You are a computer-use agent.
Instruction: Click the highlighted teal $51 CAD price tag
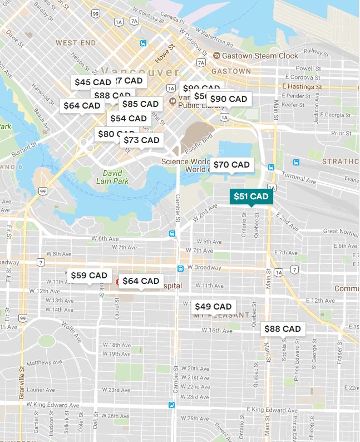pos(251,197)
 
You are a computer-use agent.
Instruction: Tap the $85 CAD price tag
pos(140,104)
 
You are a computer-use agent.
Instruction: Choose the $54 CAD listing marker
pos(129,119)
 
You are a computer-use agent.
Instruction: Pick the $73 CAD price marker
pos(141,140)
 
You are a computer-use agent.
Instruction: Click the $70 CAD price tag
pos(231,165)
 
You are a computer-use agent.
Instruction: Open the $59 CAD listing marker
pos(89,275)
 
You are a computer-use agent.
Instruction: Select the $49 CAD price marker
pos(213,307)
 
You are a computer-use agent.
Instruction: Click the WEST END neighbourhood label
pos(76,42)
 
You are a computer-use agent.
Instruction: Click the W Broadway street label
pos(205,267)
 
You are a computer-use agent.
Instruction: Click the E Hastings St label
pos(303,87)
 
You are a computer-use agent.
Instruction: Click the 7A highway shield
pos(134,21)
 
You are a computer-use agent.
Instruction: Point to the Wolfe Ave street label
pos(72,332)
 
